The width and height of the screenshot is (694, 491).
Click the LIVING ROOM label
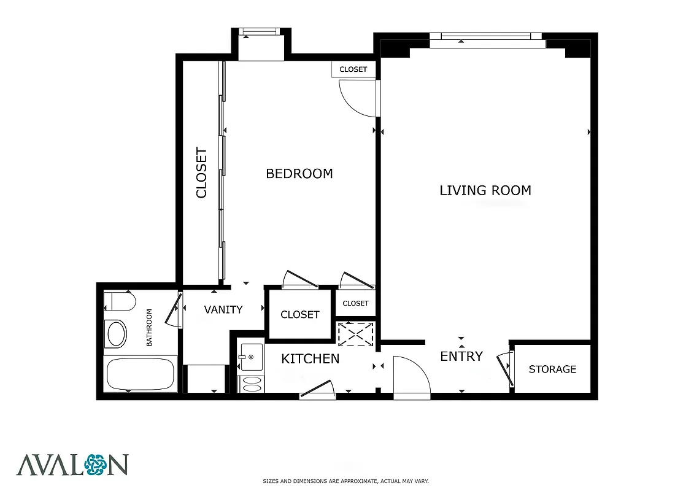[x=485, y=190]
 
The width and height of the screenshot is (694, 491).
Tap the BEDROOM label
[x=299, y=174]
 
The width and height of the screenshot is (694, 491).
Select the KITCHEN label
[x=310, y=358]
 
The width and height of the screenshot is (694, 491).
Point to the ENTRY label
[x=461, y=357]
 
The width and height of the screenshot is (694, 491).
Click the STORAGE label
[x=552, y=369]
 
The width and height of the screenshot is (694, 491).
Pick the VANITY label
[x=223, y=310]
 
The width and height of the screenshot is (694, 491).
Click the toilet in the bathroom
[x=120, y=302]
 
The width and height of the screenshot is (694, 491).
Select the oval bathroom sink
[x=115, y=334]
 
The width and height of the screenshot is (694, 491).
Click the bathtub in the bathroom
[x=140, y=374]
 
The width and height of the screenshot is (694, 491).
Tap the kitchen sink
[x=251, y=357]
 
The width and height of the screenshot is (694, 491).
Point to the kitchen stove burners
[x=251, y=384]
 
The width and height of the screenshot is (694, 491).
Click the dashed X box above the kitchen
[x=355, y=333]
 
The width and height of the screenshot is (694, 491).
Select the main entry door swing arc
[x=412, y=379]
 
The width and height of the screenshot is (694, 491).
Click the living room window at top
[x=487, y=41]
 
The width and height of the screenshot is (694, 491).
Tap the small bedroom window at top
[x=260, y=33]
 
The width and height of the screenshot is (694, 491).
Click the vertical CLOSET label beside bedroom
[x=201, y=172]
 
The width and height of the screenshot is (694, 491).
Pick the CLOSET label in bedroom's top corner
[x=353, y=69]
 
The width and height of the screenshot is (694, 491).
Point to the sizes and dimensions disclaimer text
[x=345, y=481]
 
